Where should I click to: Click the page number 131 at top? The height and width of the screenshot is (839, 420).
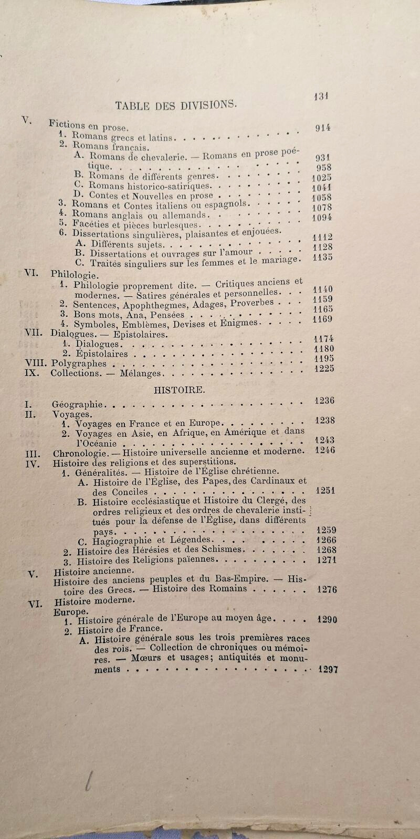pyautogui.click(x=320, y=96)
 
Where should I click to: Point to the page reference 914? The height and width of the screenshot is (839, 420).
pyautogui.click(x=323, y=127)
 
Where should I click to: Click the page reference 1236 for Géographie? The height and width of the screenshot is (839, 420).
pyautogui.click(x=324, y=401)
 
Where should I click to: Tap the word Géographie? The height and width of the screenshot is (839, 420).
pyautogui.click(x=78, y=404)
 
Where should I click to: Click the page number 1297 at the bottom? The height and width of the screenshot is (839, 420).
pyautogui.click(x=328, y=669)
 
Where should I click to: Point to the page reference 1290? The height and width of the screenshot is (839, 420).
pyautogui.click(x=327, y=619)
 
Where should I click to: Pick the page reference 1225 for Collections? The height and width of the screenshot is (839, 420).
pyautogui.click(x=324, y=369)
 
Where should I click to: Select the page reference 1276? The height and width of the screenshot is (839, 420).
pyautogui.click(x=327, y=589)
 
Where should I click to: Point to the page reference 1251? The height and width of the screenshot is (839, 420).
pyautogui.click(x=325, y=491)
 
